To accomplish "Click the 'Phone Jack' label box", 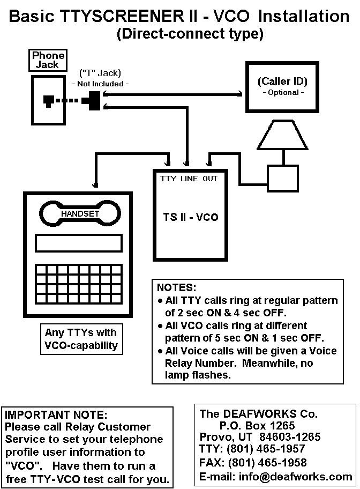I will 48,60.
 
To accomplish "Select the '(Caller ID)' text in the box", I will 282,82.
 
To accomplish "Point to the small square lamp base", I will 282,177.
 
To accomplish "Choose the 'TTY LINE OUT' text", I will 189,178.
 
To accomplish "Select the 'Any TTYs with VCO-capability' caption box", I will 80,339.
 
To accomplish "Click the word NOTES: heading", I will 176,287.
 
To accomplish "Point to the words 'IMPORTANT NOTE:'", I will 56,414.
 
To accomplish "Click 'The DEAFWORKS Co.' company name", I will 259,414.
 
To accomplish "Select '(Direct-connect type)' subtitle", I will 190,34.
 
